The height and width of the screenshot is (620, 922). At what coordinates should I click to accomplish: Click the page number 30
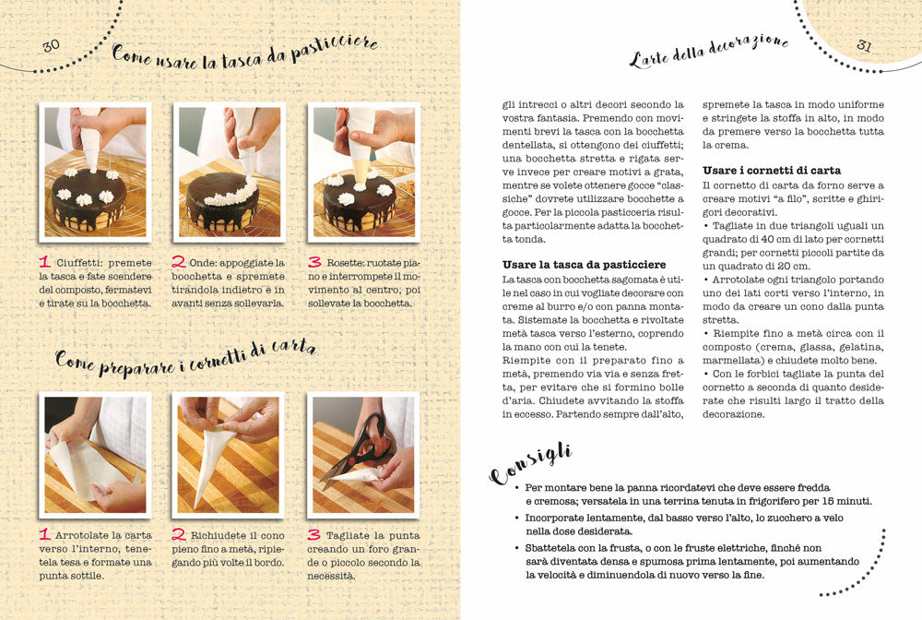tap(51, 45)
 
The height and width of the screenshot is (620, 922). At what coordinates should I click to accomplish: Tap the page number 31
tap(864, 45)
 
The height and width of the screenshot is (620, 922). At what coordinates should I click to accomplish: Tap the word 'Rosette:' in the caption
tap(344, 263)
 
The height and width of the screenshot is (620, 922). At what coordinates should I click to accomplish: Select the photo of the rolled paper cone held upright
tap(228, 455)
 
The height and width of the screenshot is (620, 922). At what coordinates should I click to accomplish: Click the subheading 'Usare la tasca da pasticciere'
tap(584, 265)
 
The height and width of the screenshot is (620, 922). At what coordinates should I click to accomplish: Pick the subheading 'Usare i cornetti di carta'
tap(772, 171)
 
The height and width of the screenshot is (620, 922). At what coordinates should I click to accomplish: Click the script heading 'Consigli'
tap(530, 464)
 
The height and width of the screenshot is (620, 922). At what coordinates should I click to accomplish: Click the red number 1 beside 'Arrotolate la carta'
tap(44, 534)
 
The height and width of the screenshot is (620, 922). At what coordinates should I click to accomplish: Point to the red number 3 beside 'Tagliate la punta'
tap(314, 534)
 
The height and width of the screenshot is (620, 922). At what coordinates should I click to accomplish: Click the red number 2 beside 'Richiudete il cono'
tap(179, 534)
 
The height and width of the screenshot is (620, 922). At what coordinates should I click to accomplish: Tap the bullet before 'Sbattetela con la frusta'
tap(517, 548)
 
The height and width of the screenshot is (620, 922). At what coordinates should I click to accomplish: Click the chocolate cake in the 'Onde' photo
tap(223, 203)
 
